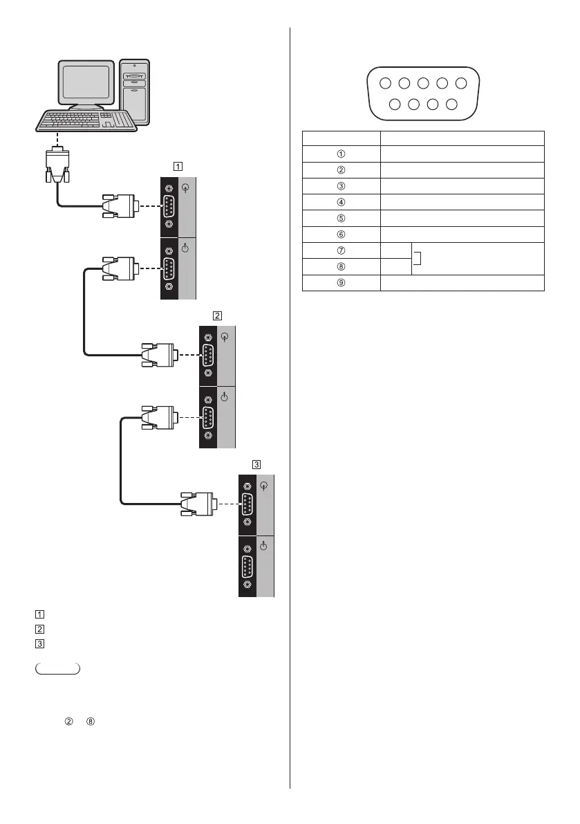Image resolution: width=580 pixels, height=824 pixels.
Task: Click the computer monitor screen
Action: coord(87,83)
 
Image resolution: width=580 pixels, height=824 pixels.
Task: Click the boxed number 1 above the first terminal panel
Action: coord(178,166)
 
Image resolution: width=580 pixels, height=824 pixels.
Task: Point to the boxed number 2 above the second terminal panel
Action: coord(217,315)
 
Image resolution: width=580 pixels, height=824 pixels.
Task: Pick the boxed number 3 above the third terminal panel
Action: coord(256,464)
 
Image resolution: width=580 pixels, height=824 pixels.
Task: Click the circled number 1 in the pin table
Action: coord(342,154)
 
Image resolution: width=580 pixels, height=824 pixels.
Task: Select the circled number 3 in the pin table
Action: coord(342,186)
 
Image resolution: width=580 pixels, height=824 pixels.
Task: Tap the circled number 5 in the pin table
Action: coord(342,218)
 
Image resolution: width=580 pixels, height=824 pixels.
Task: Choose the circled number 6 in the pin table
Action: coord(342,235)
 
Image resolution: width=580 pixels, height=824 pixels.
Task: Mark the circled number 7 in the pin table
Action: coord(342,250)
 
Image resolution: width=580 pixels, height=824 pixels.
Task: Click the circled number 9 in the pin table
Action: coord(342,282)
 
